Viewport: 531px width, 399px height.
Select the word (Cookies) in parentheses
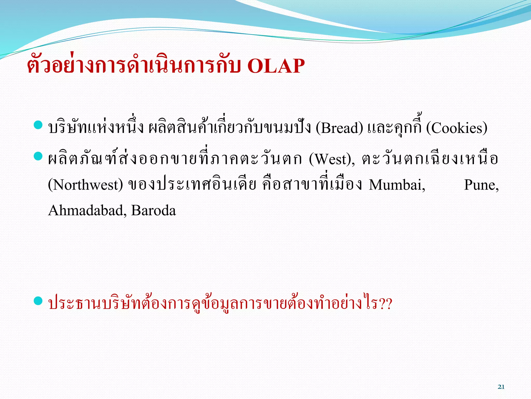457,128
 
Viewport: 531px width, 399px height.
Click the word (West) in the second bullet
332,159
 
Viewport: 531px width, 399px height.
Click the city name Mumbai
397,185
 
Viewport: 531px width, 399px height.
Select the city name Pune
481,185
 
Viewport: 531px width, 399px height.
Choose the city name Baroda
153,210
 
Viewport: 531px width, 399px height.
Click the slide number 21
501,387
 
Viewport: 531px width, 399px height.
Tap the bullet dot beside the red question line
38,301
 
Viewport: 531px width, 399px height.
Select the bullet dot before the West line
38,156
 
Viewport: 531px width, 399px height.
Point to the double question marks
385,304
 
